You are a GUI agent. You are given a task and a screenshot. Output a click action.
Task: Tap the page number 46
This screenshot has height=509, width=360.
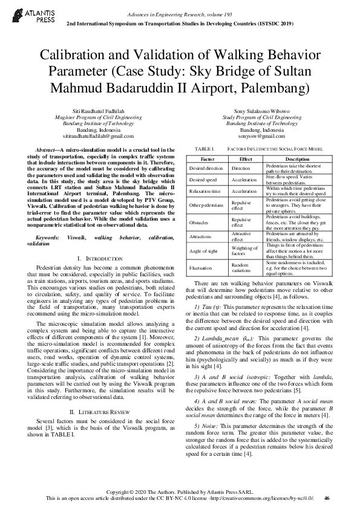pos(327,498)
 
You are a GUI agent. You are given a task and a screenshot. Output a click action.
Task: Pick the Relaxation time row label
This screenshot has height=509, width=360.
pos(203,191)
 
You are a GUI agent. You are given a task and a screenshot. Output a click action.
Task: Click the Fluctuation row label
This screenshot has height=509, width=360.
pos(200,266)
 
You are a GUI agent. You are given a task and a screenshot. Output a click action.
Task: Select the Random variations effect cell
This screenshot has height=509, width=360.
pos(240,266)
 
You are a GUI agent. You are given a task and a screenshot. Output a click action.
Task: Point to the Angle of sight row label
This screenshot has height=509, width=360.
pos(203,251)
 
